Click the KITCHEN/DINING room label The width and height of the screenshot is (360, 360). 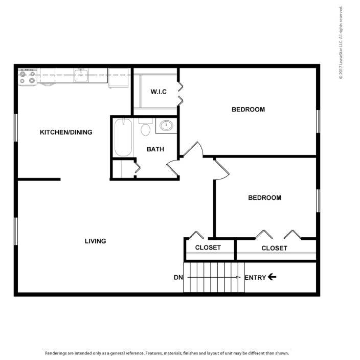[66, 132]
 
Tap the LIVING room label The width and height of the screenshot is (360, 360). [95, 241]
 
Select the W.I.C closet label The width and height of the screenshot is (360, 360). [159, 92]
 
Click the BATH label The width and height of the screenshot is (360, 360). [155, 149]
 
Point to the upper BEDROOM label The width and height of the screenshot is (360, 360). [248, 109]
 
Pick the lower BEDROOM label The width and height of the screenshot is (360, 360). [264, 198]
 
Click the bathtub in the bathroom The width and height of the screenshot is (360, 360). [123, 138]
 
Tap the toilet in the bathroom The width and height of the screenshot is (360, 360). [146, 128]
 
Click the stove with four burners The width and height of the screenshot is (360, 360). [28, 77]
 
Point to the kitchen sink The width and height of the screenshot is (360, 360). [81, 76]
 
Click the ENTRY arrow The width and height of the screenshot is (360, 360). [272, 277]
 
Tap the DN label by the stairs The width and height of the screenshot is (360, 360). [178, 278]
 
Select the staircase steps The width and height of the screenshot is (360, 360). [214, 277]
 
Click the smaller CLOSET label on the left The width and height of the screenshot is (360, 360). [208, 247]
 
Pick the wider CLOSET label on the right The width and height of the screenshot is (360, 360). [274, 248]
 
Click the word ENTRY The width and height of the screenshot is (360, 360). [255, 278]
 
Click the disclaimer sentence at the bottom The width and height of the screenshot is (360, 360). [167, 353]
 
